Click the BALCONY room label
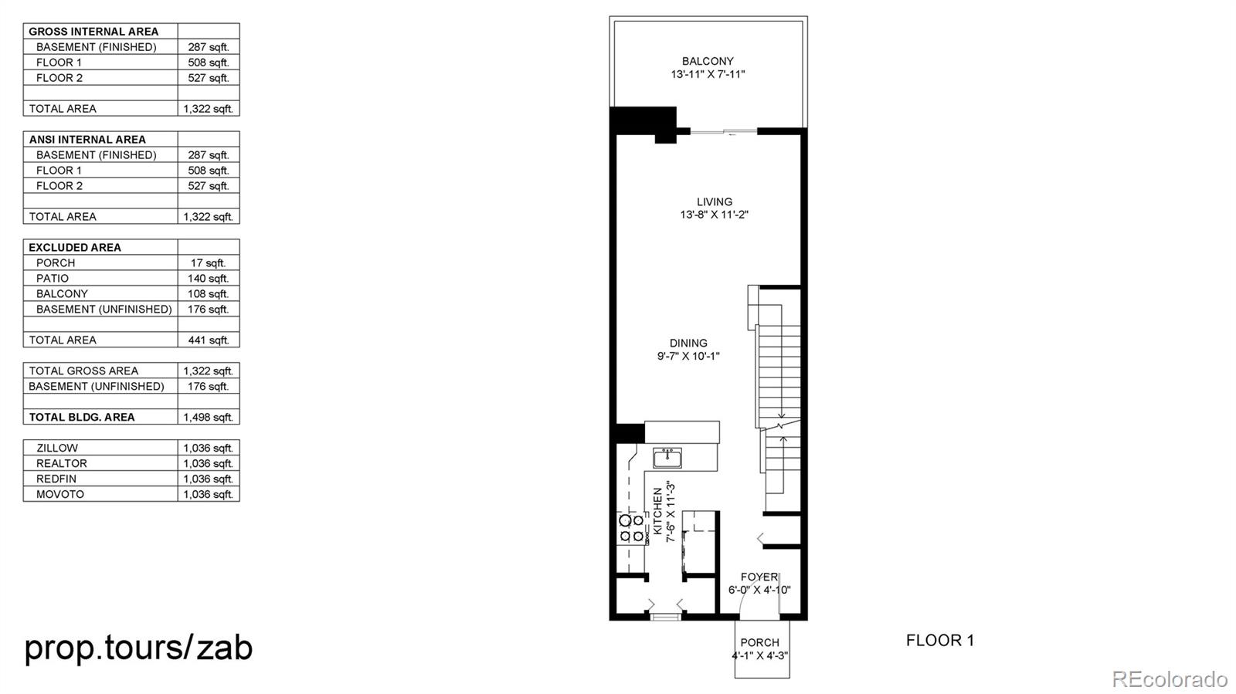(x=708, y=61)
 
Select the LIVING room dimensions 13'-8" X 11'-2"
(x=714, y=215)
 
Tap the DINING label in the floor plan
(x=688, y=343)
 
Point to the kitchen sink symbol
(x=667, y=458)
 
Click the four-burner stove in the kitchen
(x=631, y=528)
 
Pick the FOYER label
(x=759, y=577)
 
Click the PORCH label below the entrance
(x=759, y=642)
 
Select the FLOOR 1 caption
(x=939, y=640)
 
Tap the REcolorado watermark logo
(x=1169, y=679)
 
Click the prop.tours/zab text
(x=138, y=647)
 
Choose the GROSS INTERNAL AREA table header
(x=93, y=32)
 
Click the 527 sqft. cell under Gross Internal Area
(x=208, y=78)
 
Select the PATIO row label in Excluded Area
(x=53, y=278)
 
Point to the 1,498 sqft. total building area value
(x=208, y=417)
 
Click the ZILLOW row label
(x=57, y=448)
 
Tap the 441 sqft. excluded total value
(x=208, y=340)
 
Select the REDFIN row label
(x=56, y=479)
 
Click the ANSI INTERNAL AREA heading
(x=87, y=140)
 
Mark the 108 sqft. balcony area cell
(x=208, y=293)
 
